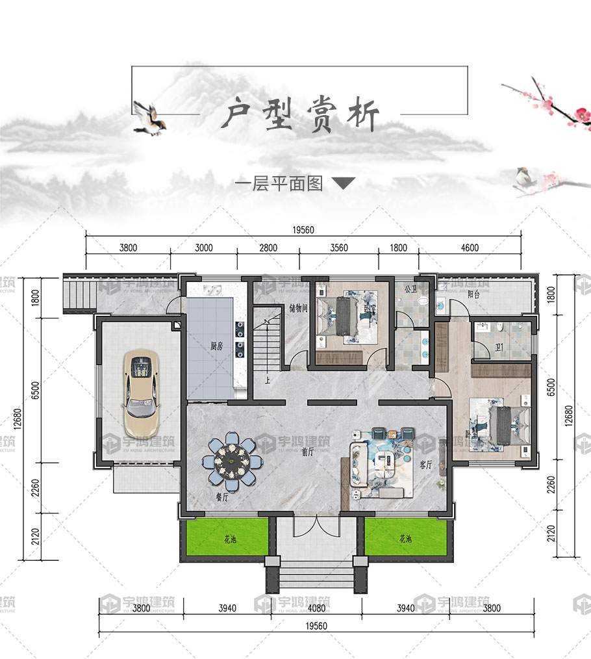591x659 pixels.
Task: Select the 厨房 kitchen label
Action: click(217, 346)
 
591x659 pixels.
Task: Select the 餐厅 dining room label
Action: click(221, 498)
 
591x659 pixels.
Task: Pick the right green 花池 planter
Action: click(406, 538)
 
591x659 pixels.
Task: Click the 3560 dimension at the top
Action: click(339, 247)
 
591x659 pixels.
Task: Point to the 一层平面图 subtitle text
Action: click(279, 184)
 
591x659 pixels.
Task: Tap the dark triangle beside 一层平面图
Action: click(344, 184)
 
